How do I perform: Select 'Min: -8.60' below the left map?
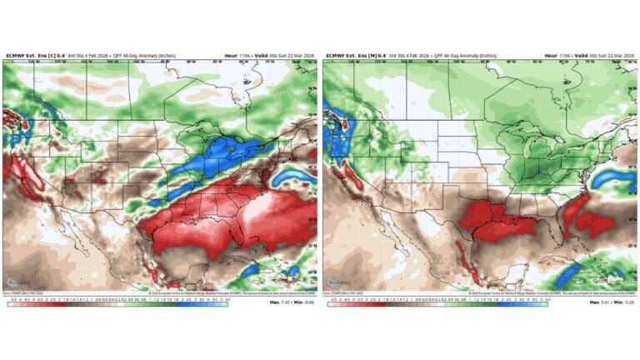(303, 302)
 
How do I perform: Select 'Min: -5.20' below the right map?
(623, 302)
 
